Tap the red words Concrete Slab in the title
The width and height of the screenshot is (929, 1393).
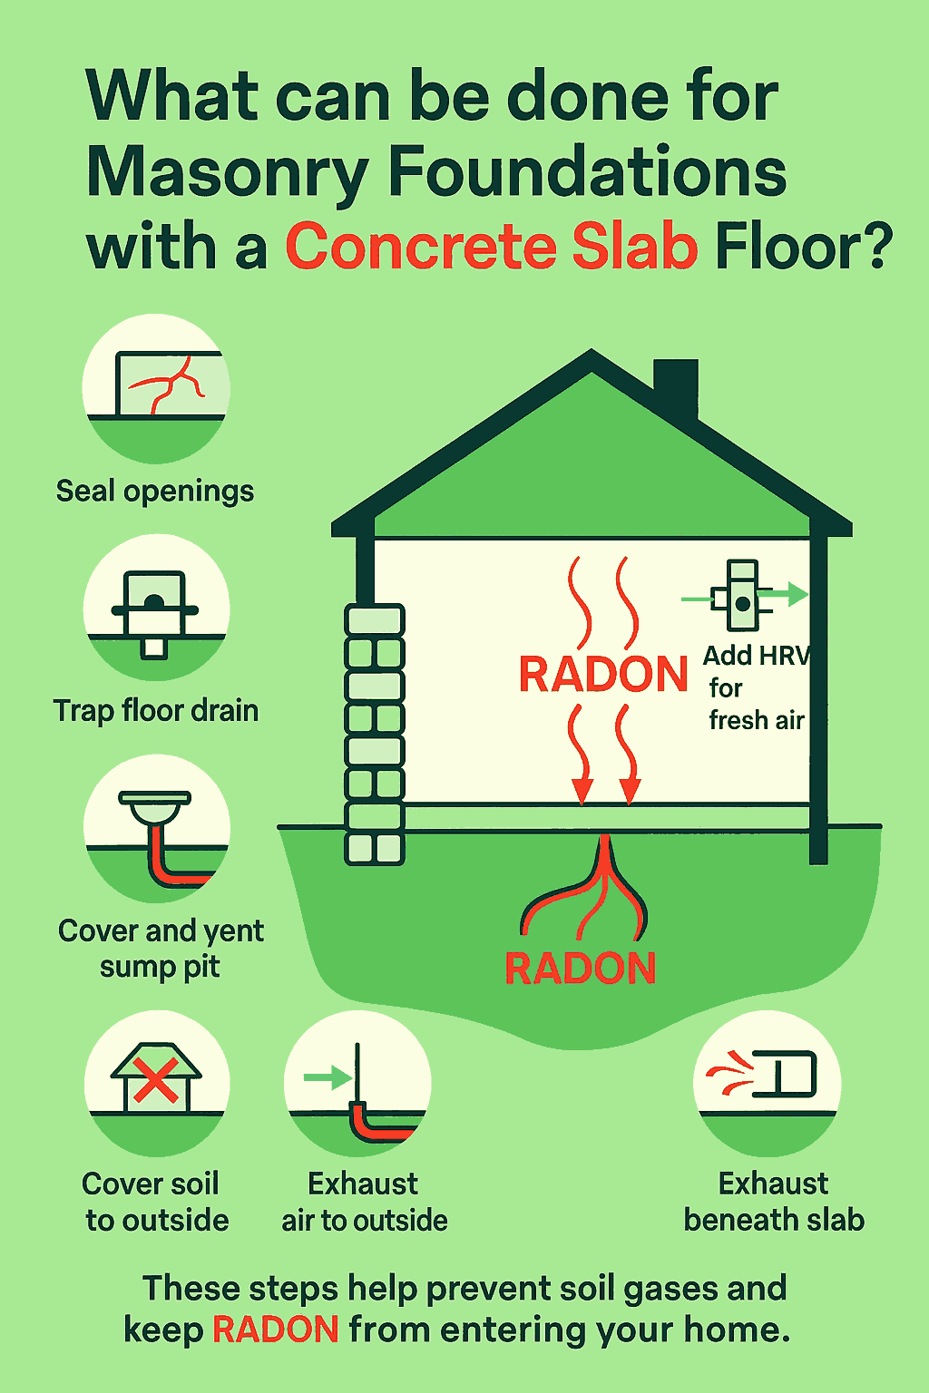[x=492, y=247]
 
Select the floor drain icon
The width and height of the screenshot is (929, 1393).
[x=155, y=609]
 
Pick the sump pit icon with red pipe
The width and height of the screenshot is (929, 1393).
[x=163, y=834]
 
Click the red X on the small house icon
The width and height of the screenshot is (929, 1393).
[x=156, y=1082]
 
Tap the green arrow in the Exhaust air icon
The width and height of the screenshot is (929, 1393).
[x=327, y=1078]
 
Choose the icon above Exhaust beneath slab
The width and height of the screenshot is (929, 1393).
[x=768, y=1079]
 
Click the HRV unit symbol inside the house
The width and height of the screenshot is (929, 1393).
[x=742, y=596]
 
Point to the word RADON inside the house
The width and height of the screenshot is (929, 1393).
[x=603, y=675]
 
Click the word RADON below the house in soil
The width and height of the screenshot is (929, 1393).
[x=580, y=969]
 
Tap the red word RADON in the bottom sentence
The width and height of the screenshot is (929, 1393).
[x=276, y=1330]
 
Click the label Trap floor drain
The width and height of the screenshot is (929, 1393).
[x=156, y=710]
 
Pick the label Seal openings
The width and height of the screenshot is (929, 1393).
[x=155, y=492]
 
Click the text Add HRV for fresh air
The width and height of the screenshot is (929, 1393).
[x=756, y=687]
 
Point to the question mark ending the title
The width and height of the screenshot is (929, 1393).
[x=876, y=247]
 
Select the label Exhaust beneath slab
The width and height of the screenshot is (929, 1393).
[x=774, y=1202]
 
